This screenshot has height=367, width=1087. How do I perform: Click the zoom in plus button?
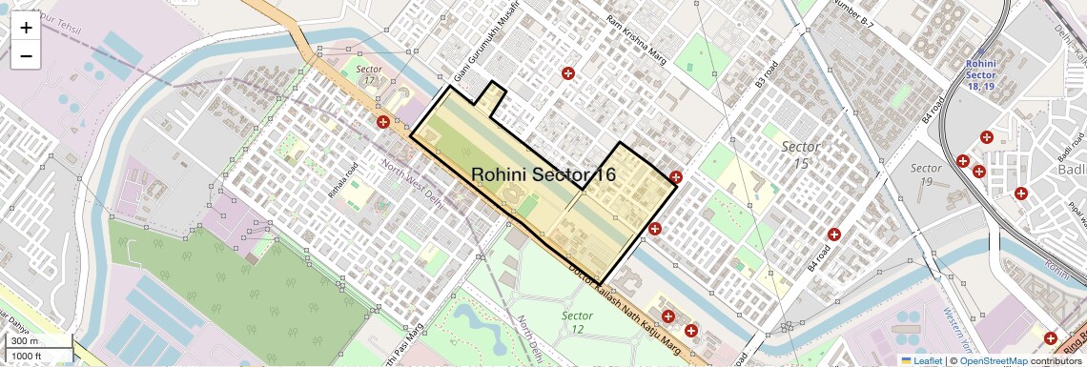26,28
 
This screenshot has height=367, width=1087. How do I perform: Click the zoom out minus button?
26,56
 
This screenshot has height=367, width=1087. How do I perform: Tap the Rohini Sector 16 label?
543,175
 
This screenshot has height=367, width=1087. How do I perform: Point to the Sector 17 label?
368,75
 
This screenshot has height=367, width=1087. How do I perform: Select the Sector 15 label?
800,154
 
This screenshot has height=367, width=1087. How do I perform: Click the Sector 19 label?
926,174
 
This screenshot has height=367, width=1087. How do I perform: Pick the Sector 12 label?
577,322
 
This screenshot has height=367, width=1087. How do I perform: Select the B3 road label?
767,74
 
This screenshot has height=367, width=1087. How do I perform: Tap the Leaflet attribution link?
920,360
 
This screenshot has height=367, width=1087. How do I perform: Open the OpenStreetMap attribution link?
993,360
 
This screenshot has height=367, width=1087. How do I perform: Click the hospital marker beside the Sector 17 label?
383,122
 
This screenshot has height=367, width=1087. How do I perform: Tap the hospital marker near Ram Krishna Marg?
568,73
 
